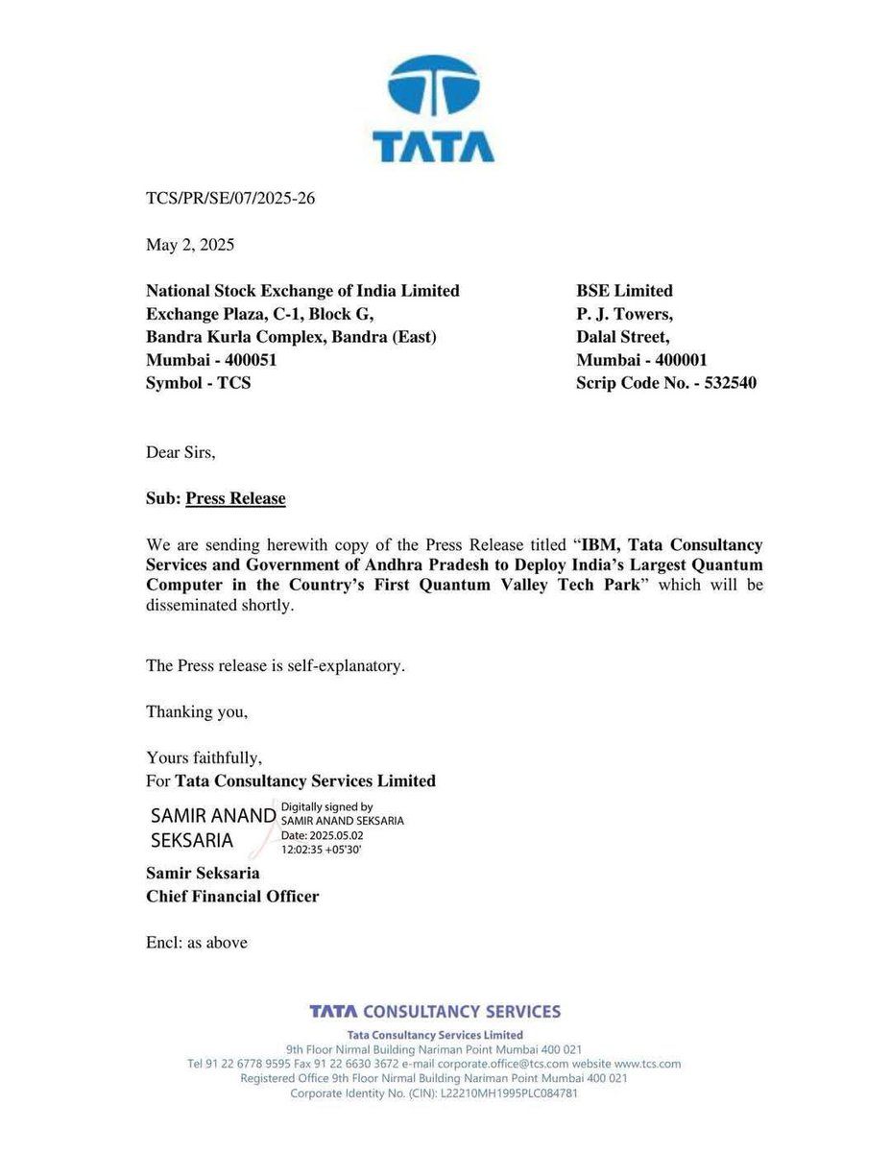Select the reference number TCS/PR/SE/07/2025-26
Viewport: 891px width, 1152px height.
(x=230, y=199)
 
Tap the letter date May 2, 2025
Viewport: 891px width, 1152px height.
(x=190, y=245)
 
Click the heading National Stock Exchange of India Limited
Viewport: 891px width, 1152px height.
(x=302, y=291)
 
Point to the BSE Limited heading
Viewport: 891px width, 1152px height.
(x=624, y=291)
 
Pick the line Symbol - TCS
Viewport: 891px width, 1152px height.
(x=198, y=383)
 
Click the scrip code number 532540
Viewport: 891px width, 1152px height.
(x=734, y=383)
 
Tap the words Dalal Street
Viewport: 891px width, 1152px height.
(x=622, y=337)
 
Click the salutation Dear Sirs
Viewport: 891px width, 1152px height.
(x=181, y=452)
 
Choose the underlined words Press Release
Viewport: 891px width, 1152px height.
(x=235, y=498)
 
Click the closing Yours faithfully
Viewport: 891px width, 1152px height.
(x=204, y=757)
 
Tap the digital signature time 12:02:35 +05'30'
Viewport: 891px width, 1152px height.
(x=322, y=849)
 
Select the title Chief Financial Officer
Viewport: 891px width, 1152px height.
(x=232, y=896)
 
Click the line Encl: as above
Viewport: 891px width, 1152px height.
(x=197, y=942)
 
